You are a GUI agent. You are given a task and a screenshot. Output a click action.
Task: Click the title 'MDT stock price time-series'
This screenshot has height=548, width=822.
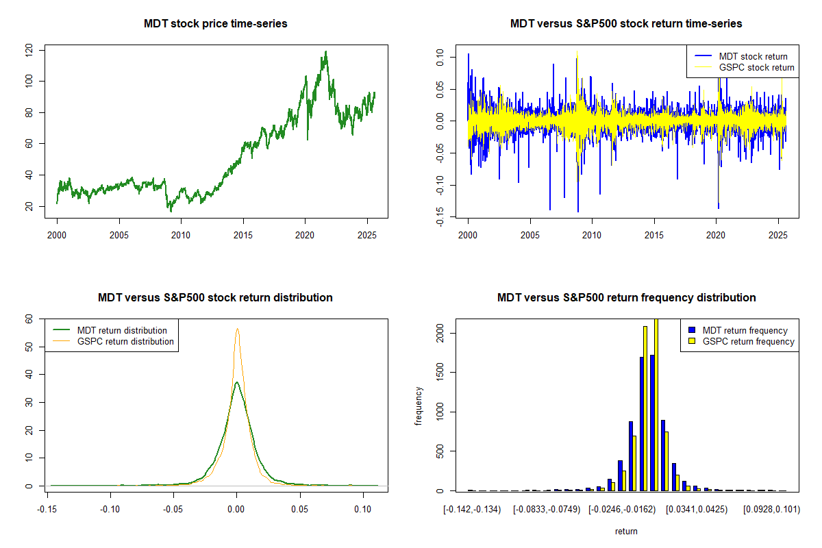coord(215,24)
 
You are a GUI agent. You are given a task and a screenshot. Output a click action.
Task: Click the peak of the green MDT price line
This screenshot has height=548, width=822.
coord(325,51)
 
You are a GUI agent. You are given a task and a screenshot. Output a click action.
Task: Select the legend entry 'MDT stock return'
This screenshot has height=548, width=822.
coord(753,56)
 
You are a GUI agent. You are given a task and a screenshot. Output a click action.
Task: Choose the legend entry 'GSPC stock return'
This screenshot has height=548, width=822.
coord(756,67)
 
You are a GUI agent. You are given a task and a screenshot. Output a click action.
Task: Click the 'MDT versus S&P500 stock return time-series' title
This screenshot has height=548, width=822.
coord(626,24)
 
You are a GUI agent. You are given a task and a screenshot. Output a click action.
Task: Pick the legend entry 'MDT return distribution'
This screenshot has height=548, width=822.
coord(122,330)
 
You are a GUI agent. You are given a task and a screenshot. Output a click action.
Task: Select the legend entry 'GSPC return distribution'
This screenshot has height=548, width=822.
coord(125,341)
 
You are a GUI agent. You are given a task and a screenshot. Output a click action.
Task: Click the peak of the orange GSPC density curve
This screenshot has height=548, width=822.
coord(237,329)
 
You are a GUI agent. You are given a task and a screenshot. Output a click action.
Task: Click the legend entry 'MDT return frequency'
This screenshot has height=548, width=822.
coord(745,330)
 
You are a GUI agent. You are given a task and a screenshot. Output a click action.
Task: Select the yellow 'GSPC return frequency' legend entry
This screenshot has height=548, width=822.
coord(748,341)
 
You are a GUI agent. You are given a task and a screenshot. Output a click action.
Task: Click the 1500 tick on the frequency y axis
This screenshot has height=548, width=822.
coord(440,373)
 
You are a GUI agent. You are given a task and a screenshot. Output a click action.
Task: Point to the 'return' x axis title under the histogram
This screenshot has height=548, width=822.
coord(626,531)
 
